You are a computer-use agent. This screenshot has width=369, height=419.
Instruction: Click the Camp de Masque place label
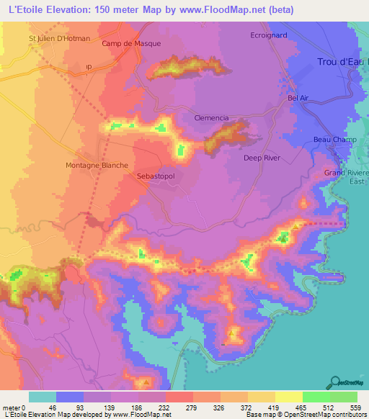pyautogui.click(x=130, y=43)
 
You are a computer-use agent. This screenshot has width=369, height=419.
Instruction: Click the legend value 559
pyautogui.click(x=355, y=407)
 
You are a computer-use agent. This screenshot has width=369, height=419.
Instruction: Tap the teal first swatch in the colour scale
pyautogui.click(x=42, y=397)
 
